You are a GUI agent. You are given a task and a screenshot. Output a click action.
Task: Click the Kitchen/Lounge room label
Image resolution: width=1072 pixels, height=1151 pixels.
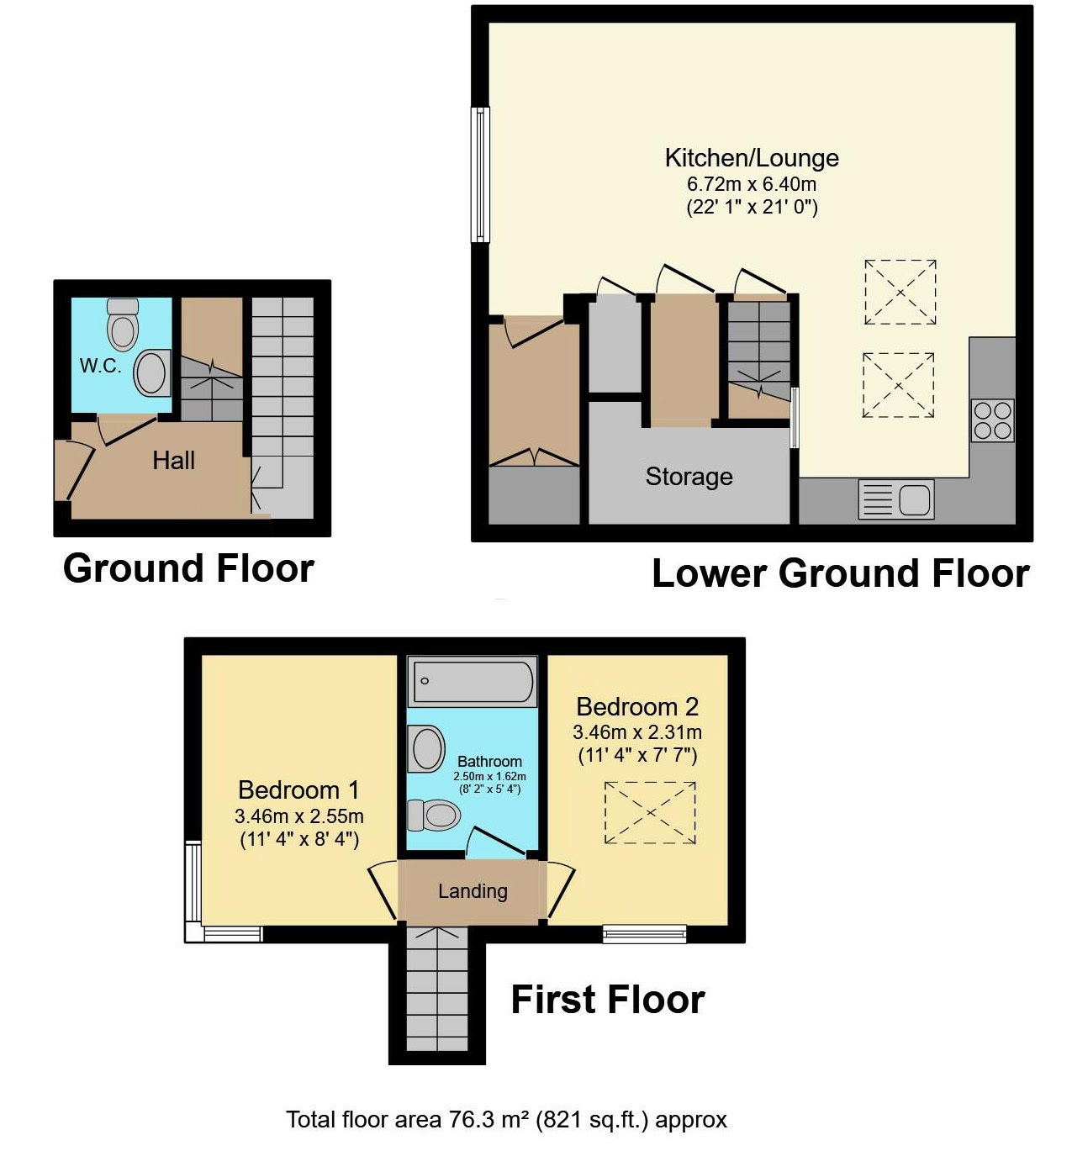click(751, 158)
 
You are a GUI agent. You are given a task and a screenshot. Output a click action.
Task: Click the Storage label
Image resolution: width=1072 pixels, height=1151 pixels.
click(689, 477)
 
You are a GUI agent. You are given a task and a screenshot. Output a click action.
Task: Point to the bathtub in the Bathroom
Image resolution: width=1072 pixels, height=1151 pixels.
click(472, 681)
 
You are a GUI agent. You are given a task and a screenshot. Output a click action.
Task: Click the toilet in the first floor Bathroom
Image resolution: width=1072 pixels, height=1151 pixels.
click(434, 815)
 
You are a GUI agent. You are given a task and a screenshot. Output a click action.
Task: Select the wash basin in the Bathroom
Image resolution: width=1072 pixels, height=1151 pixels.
click(426, 749)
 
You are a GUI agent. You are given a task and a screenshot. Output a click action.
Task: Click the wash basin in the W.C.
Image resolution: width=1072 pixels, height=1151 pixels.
click(152, 372)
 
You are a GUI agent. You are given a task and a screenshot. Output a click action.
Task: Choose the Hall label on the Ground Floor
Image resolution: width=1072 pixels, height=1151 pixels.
click(173, 460)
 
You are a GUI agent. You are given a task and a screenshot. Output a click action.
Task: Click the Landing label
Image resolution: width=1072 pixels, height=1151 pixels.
click(473, 891)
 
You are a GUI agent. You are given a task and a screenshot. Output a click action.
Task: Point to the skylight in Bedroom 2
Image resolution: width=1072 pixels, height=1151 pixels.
click(650, 812)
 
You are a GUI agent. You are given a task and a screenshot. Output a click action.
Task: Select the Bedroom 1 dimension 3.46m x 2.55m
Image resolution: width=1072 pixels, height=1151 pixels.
click(298, 816)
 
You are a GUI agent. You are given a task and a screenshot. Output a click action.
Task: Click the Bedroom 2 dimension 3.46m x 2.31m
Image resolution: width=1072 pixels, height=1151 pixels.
click(636, 732)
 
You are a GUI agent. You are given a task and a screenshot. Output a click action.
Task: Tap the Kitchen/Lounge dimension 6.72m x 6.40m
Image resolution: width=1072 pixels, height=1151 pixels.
click(751, 184)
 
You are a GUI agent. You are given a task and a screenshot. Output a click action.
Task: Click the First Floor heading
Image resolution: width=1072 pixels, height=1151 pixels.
click(607, 1000)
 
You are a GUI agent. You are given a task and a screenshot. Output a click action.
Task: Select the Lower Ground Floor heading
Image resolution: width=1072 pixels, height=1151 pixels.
click(840, 573)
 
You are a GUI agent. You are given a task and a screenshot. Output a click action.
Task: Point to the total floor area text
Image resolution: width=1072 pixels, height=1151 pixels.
click(506, 1120)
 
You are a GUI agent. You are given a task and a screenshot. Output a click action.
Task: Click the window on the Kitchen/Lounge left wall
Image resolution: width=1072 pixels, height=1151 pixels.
click(479, 175)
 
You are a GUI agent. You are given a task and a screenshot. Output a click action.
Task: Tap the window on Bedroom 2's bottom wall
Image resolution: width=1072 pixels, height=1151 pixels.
click(644, 933)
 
